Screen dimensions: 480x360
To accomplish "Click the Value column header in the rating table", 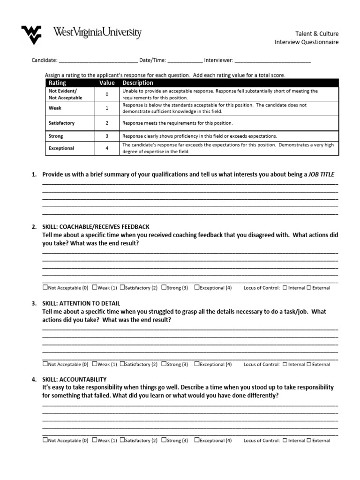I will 107,83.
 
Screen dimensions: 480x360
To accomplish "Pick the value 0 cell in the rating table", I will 107,94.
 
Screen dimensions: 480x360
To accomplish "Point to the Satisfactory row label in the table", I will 61,123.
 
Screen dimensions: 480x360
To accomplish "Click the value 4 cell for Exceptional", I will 107,148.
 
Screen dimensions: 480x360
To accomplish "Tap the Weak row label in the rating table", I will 55,108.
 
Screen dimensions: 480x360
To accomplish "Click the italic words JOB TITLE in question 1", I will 322,174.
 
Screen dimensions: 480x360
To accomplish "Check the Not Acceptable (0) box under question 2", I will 45,287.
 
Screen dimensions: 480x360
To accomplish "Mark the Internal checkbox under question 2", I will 285,288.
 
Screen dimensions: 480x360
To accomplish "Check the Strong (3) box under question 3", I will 164,364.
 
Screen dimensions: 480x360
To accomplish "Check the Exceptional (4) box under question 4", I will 197,440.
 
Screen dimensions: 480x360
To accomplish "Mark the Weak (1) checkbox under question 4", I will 95,440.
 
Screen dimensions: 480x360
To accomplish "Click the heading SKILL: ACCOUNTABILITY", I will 75,379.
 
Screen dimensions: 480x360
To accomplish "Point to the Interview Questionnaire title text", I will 306,42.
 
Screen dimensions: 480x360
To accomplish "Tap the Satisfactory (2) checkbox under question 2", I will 122,287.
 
